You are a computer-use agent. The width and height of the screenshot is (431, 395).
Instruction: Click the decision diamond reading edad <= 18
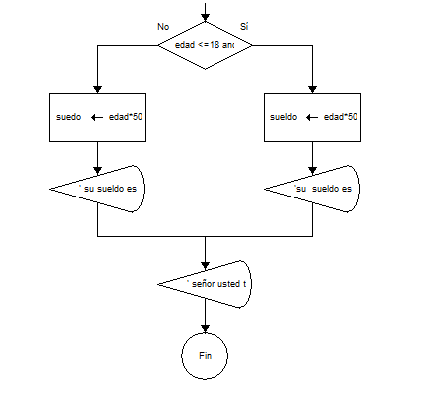(x=205, y=46)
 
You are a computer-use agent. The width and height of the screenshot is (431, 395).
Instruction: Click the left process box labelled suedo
(x=97, y=116)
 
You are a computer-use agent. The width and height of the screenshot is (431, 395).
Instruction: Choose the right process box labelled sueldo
(x=313, y=116)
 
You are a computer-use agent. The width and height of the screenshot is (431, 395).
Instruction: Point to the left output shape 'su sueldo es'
(x=97, y=188)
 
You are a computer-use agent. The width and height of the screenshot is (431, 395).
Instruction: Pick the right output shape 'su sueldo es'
(x=313, y=188)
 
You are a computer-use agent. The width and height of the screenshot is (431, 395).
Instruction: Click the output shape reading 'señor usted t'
(x=205, y=284)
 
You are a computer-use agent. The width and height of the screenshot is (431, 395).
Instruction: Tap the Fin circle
(x=205, y=354)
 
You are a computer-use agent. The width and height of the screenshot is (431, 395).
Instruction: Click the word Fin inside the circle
(x=205, y=355)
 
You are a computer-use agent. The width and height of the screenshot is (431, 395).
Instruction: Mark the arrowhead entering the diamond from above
(x=205, y=16)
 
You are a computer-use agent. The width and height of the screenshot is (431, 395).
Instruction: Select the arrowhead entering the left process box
(x=97, y=88)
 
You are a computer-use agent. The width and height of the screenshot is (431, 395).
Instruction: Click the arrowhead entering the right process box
(x=313, y=88)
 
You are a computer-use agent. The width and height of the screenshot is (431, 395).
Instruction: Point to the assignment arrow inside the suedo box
(x=99, y=117)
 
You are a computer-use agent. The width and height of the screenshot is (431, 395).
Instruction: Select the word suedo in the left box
(x=69, y=117)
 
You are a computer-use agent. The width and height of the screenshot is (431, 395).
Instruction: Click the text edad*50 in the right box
(x=340, y=117)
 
